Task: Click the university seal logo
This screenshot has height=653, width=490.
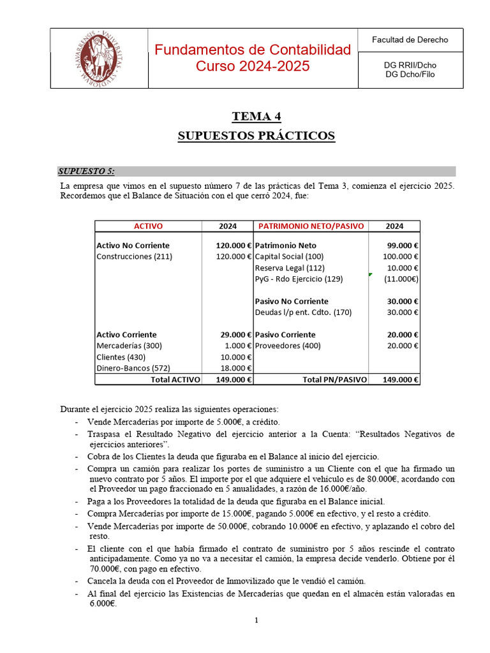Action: click(x=96, y=58)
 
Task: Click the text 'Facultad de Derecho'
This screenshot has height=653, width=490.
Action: click(x=410, y=40)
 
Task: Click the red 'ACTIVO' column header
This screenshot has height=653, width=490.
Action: click(x=148, y=226)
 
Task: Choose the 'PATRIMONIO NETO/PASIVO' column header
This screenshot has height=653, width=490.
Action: click(x=310, y=226)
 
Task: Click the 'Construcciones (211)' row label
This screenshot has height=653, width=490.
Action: click(x=134, y=256)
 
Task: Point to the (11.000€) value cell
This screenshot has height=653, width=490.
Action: click(x=401, y=279)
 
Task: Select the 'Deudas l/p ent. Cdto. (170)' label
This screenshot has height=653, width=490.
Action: click(x=303, y=312)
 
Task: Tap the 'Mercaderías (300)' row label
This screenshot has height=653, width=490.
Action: click(x=129, y=346)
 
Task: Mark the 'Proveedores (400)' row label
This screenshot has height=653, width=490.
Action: click(x=287, y=346)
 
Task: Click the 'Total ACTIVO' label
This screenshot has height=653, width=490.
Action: click(x=175, y=379)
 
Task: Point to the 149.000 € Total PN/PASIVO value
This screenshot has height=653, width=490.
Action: click(x=400, y=379)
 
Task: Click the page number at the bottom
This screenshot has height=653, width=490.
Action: click(x=256, y=620)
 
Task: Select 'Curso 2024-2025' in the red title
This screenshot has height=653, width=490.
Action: click(x=253, y=66)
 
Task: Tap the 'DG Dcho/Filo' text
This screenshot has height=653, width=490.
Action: click(x=410, y=74)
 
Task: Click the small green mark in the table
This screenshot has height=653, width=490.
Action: click(x=370, y=274)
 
